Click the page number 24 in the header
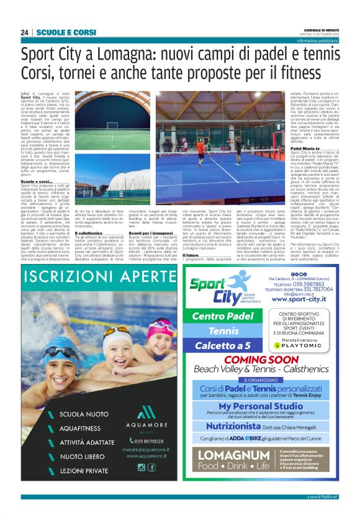coord(24,32)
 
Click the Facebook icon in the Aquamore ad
coord(152,467)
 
